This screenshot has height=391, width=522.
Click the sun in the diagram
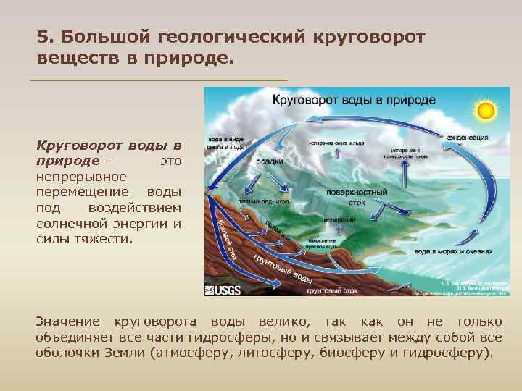tap(485, 111)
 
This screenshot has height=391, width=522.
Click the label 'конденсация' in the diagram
tap(466, 137)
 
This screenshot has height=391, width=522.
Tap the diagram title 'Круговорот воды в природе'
tap(354, 99)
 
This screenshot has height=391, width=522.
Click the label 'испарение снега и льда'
tap(336, 143)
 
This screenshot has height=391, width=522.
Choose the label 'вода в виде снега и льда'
tap(226, 142)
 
